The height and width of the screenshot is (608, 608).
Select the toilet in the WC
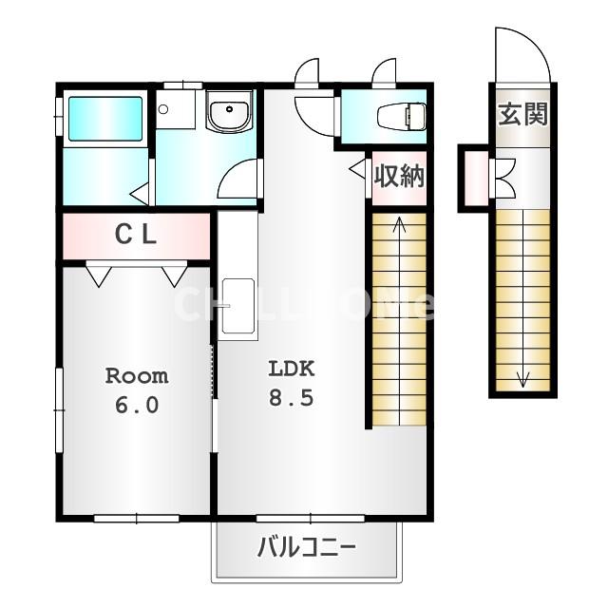[x=402, y=116]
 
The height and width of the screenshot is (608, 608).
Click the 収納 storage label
[x=399, y=176]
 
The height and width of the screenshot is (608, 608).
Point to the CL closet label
[x=136, y=235]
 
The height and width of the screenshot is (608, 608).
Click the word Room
[x=137, y=376]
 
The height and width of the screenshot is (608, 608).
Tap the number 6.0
[x=137, y=406]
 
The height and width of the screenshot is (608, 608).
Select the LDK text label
[x=292, y=369]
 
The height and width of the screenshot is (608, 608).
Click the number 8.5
[x=292, y=398]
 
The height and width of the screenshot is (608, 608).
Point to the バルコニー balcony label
[x=306, y=547]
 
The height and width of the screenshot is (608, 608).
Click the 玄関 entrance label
[x=522, y=114]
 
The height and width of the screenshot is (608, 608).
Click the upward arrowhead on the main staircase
[x=399, y=225]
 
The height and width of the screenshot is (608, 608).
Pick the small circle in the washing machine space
[x=163, y=109]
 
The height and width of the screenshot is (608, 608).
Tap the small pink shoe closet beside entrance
[x=476, y=178]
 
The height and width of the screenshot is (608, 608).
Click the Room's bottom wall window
[x=137, y=518]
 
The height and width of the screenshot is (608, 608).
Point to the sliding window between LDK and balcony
[x=311, y=518]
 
